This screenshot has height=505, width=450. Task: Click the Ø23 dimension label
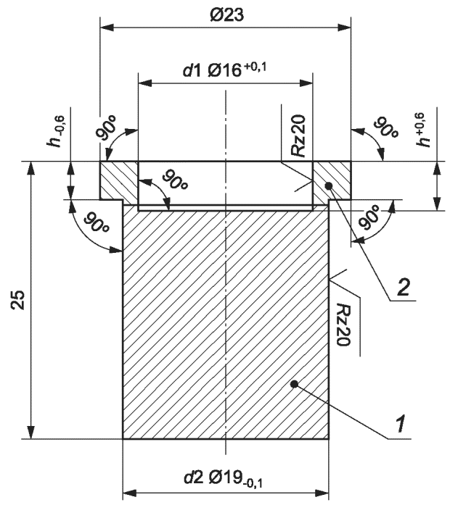coord(226,14)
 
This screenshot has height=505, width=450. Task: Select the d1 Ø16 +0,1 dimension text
coord(225,70)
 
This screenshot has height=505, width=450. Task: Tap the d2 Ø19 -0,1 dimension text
coord(224,479)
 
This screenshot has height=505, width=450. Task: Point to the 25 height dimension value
coord(20,300)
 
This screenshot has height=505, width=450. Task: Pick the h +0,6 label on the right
coord(423,130)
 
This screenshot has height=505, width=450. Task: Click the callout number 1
coord(401,424)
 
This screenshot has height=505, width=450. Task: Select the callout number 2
coord(404,287)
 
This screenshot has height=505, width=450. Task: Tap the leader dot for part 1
coord(294,383)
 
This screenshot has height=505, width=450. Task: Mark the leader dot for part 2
coord(329,185)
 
